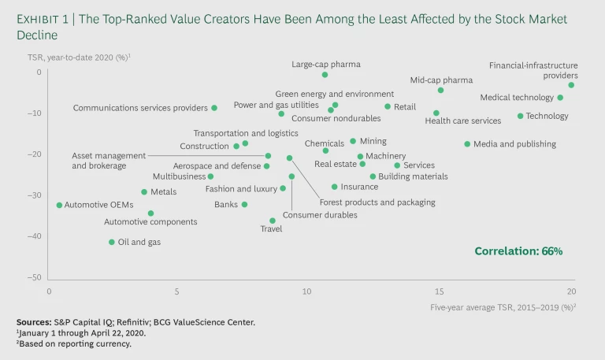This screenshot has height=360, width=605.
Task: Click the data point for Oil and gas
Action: [112, 242]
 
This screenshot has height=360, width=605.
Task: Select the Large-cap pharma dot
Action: [325, 75]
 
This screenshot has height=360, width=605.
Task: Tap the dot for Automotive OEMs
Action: [59, 205]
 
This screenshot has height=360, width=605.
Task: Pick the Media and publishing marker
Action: [467, 144]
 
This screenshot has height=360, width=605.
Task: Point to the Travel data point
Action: [273, 221]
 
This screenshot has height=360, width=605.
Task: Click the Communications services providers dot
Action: [214, 108]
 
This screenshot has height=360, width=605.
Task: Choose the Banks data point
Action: [244, 205]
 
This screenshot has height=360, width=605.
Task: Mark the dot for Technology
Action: [520, 116]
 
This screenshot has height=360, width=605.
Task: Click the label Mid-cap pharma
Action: [441, 80]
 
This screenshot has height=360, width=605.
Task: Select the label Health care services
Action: [462, 121]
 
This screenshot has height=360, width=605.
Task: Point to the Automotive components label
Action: [150, 222]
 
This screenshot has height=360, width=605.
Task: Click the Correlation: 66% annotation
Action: [518, 251]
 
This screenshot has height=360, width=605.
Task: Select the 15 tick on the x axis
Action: [440, 291]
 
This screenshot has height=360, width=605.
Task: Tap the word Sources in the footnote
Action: [34, 322]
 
